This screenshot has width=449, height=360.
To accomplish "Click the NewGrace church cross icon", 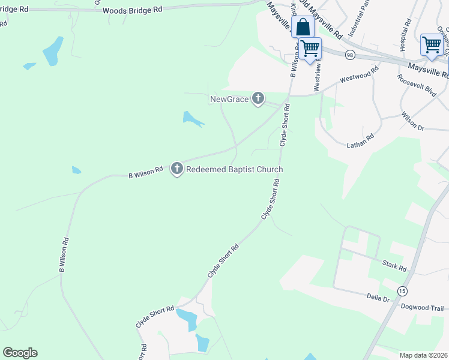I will [x=258, y=98].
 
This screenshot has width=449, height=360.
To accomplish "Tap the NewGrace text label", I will [x=229, y=99].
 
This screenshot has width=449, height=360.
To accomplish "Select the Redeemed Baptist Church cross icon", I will [x=177, y=169].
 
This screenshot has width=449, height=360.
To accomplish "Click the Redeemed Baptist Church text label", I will [x=234, y=170].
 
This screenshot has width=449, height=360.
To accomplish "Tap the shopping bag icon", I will [x=303, y=28].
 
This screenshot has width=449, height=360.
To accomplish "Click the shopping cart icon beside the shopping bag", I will [x=310, y=47].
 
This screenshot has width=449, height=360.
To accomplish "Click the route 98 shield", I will [x=349, y=55].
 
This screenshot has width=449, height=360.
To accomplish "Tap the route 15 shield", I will [x=402, y=291].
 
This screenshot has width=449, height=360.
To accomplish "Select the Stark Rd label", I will [x=394, y=265].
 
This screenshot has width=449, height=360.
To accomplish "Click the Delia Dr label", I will [x=378, y=298].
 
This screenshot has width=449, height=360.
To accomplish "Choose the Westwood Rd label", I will [x=359, y=74].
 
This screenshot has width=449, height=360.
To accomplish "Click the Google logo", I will [x=20, y=353].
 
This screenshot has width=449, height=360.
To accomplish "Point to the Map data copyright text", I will [x=423, y=355].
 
